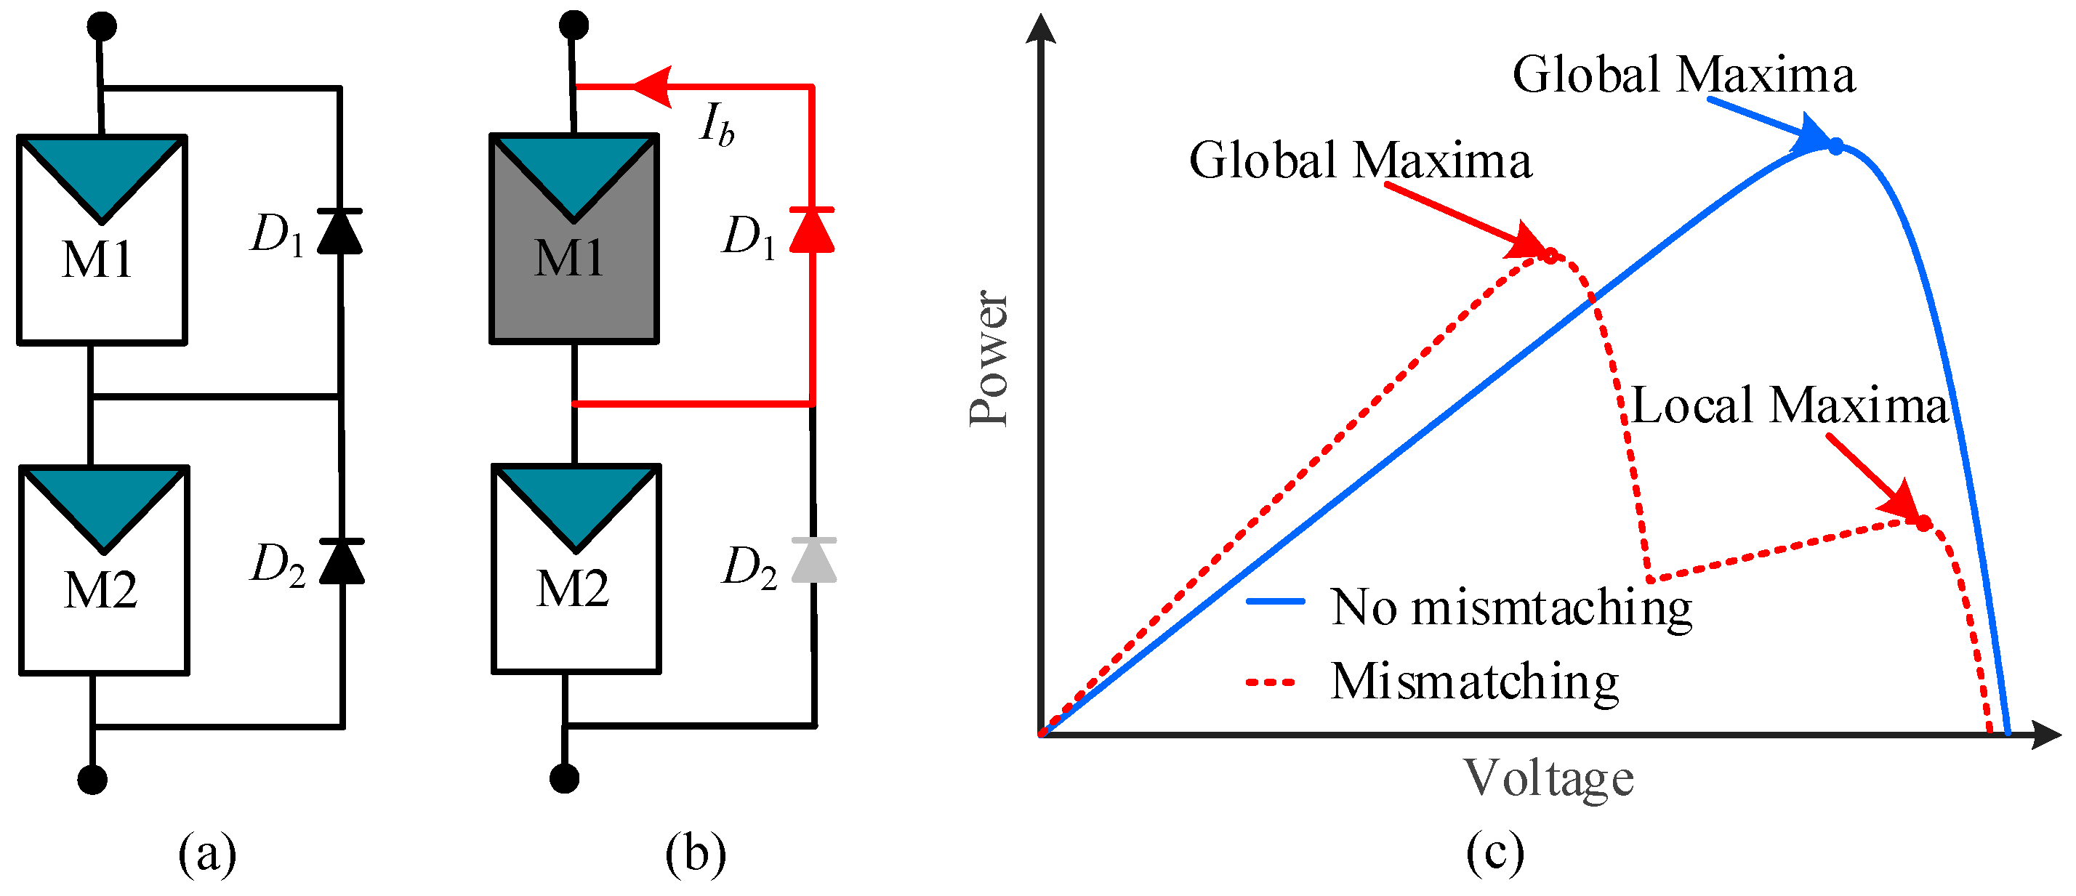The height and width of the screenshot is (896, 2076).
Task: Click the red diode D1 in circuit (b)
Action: (811, 230)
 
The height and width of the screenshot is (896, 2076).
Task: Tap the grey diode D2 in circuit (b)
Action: (814, 560)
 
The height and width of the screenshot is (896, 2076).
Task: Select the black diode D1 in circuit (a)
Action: (339, 231)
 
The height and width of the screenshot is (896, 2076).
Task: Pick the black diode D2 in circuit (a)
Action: (342, 561)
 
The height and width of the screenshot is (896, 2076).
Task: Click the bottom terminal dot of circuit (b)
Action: (564, 778)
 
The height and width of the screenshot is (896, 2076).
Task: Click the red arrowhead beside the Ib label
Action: (653, 86)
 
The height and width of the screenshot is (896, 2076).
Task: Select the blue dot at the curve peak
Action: (1835, 147)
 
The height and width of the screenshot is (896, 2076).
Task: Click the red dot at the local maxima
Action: (1923, 523)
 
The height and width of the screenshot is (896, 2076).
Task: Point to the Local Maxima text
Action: (1790, 405)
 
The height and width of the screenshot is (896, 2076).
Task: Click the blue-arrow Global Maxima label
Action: (1683, 75)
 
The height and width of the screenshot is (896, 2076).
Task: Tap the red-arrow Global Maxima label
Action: (1360, 161)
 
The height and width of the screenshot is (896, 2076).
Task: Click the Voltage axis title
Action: (1548, 779)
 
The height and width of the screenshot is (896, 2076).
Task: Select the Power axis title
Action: (989, 358)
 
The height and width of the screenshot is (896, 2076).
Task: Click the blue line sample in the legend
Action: (1275, 601)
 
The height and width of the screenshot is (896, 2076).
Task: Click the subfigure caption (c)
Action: (1495, 852)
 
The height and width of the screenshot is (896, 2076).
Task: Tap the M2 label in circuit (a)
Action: (101, 591)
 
